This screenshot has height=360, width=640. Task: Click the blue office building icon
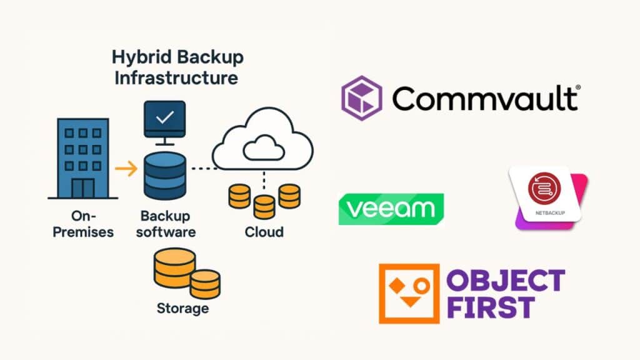[79, 159]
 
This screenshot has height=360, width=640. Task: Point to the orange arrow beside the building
[126, 168]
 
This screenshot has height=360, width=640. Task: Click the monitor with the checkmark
[164, 118]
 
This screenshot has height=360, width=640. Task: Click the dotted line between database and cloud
[201, 169]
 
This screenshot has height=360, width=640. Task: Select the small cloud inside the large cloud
[262, 149]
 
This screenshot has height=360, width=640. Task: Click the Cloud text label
[263, 232]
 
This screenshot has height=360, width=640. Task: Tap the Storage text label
[182, 308]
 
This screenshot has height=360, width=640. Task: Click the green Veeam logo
[391, 209]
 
